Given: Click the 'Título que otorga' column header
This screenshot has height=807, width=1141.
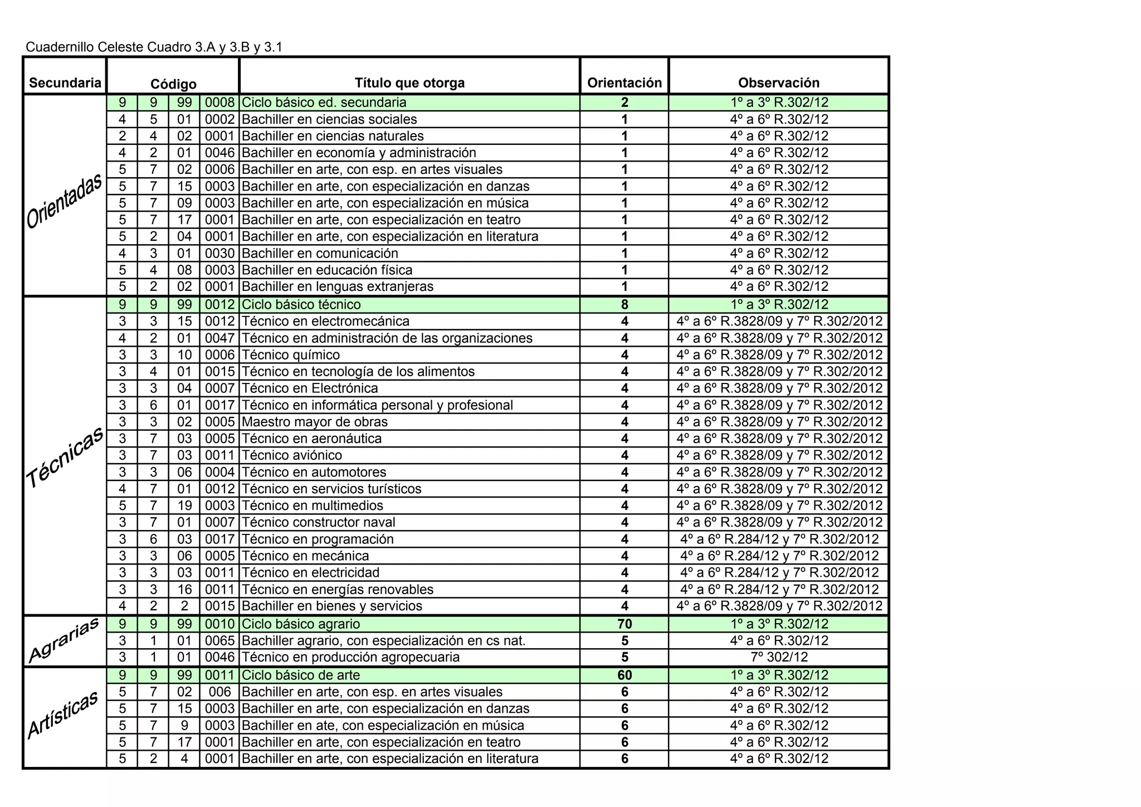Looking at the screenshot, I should (409, 83).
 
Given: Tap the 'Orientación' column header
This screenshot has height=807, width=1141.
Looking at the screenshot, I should (625, 83).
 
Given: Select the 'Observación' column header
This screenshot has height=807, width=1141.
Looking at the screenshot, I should (778, 83).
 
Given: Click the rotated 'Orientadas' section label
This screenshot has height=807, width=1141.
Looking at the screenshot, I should (65, 201).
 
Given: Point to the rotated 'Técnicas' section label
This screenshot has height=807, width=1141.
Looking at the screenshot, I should (65, 457).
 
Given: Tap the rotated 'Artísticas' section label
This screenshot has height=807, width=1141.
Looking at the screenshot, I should (64, 714).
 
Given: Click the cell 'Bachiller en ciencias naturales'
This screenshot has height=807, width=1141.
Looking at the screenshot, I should (333, 136).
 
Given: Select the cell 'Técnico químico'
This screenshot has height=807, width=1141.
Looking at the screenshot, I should (291, 355).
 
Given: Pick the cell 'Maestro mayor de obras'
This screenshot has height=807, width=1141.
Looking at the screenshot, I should (315, 422).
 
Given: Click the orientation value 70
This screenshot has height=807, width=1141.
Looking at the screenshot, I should (625, 624).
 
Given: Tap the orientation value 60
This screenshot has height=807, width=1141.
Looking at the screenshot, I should (625, 675).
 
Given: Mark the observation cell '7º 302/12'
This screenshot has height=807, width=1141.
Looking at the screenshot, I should (778, 657).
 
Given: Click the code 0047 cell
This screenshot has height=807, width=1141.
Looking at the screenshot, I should (220, 338).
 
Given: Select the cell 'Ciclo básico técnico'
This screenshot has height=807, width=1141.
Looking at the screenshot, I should (301, 305).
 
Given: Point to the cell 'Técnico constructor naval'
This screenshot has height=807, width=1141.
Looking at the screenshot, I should (319, 522).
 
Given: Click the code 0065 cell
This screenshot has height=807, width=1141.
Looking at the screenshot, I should (220, 641).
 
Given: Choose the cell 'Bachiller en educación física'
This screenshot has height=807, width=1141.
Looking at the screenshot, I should (327, 270).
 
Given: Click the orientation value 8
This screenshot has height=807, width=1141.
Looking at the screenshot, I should (625, 305).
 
